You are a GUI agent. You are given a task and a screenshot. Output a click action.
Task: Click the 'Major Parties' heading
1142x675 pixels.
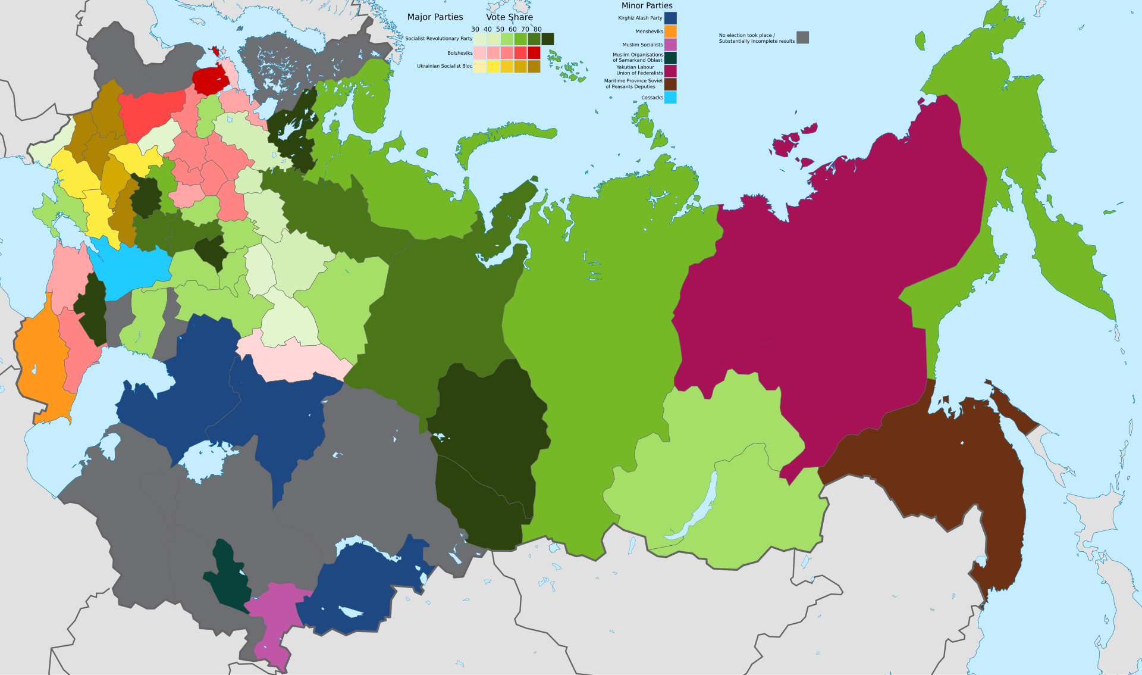pos(435,17)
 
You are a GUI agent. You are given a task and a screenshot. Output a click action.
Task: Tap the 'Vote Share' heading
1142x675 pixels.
pos(509,17)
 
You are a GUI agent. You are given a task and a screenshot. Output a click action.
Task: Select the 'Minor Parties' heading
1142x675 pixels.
pos(647,5)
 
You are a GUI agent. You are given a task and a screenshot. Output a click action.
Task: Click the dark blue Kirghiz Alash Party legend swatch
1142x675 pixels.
pos(670,18)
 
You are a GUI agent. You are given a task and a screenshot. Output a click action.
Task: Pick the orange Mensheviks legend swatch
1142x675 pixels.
pos(670,32)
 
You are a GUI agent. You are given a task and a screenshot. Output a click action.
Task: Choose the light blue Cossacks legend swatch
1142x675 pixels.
pos(670,98)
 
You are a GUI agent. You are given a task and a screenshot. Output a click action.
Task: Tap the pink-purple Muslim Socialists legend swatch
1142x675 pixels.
pos(670,45)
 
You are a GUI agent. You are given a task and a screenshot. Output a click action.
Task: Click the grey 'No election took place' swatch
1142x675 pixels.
pos(802,37)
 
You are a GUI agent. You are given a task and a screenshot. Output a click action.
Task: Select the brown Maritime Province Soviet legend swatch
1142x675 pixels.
pos(670,84)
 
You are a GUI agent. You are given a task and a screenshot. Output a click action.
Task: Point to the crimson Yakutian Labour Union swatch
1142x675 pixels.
pos(670,71)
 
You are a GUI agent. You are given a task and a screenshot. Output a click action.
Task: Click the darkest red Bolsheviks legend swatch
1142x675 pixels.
pos(534,53)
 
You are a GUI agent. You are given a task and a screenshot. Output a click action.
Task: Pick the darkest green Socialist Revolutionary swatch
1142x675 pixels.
pos(547,39)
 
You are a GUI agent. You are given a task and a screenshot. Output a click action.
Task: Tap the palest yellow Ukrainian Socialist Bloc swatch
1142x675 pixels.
pos(479,67)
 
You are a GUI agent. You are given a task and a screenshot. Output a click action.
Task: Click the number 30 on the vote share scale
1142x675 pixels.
pos(475,29)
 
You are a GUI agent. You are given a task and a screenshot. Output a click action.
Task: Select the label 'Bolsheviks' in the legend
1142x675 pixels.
pos(460,54)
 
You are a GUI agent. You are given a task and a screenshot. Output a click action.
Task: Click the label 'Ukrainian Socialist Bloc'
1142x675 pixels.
pos(444,67)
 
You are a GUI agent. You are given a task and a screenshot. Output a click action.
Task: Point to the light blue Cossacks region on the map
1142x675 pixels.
pos(131,268)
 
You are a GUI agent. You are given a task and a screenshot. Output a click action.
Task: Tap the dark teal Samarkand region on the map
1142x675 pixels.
pos(229,580)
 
